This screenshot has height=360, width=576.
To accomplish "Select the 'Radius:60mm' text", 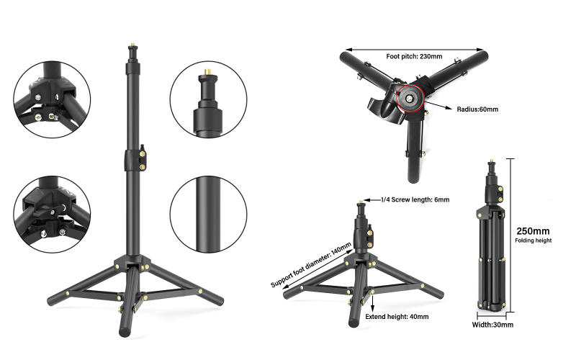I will pos(477,109).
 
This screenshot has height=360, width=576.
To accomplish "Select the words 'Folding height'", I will pos(534,240).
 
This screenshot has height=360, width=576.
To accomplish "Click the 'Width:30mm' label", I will pos(493,325).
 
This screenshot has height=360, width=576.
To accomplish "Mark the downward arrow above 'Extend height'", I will pos(373,300).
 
